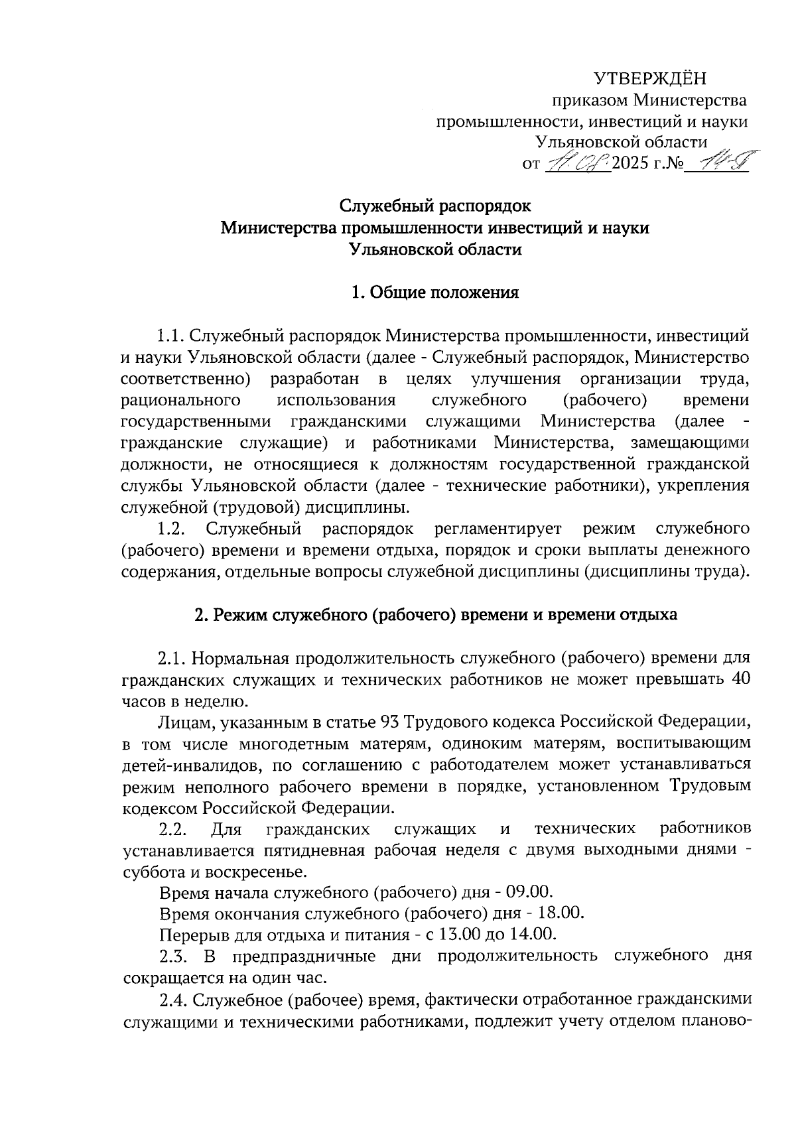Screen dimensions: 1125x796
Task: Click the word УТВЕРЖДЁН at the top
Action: (650, 79)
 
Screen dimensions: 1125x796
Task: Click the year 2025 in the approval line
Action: (633, 163)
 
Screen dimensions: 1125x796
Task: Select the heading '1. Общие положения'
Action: (434, 293)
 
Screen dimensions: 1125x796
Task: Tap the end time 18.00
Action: (563, 913)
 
